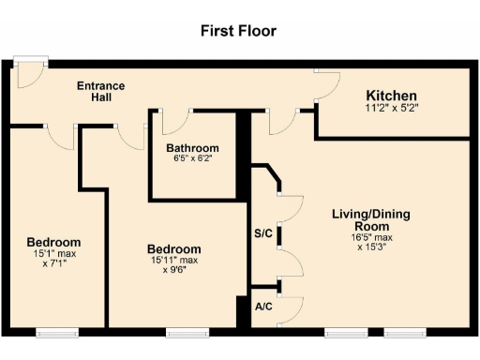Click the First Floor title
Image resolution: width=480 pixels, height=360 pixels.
[x=239, y=30]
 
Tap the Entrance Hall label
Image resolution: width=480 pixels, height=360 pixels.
[x=100, y=92]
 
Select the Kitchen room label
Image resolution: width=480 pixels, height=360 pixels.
[x=391, y=97]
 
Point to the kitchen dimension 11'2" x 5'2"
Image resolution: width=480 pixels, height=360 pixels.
[x=391, y=109]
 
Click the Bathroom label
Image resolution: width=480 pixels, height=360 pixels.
[x=192, y=148]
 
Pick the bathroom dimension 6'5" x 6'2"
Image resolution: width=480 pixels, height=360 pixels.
[x=192, y=158]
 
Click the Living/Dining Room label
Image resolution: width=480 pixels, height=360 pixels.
[x=370, y=220]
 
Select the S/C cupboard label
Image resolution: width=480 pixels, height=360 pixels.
[x=263, y=232]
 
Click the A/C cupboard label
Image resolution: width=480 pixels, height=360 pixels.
[x=263, y=306]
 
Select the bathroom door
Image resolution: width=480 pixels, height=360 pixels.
[x=175, y=122]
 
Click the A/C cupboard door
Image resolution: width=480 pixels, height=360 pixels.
[x=290, y=307]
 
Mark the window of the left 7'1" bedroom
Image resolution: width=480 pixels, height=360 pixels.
[x=57, y=332]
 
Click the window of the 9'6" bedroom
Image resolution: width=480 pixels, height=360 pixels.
[x=186, y=332]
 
